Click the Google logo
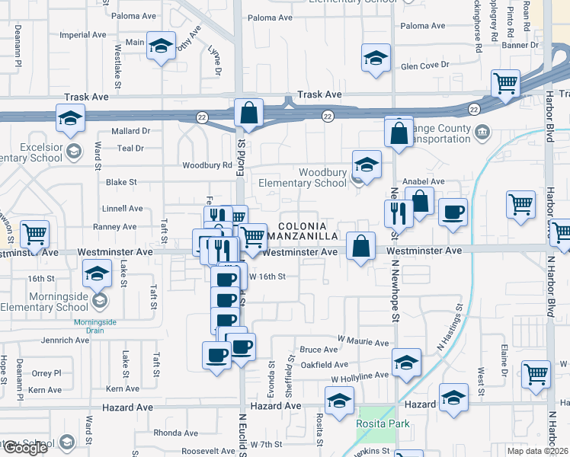24,448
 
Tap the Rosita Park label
383,424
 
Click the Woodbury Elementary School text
303,177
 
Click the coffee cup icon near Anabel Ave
453,213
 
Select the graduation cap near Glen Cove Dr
376,59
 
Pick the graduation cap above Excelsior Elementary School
69,118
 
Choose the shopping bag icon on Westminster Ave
361,246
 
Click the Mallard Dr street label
131,131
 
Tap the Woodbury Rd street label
207,165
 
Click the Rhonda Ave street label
176,433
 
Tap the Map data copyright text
536,451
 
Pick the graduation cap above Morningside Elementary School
98,274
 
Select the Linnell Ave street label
123,208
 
